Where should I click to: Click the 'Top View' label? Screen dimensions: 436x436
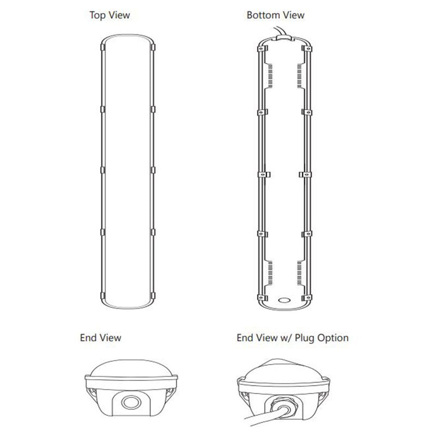(x=110, y=15)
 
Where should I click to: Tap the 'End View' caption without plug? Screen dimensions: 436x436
(x=100, y=338)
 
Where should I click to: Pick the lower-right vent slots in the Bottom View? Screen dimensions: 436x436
(x=299, y=271)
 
